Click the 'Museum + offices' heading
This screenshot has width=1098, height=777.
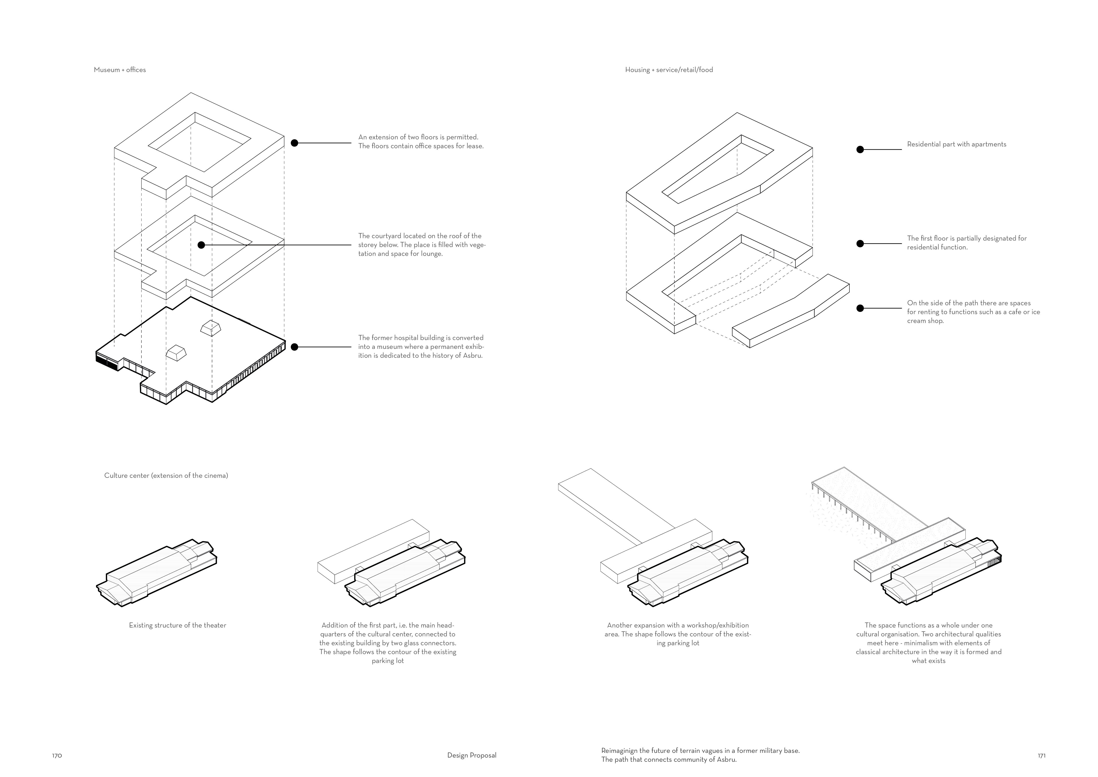[120, 70]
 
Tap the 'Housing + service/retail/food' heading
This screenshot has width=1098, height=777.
[669, 70]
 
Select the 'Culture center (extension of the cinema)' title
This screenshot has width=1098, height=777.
[166, 476]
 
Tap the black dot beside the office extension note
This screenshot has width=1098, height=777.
[295, 143]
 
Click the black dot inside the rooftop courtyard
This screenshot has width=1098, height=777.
[201, 245]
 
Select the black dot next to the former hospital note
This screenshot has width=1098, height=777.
[295, 347]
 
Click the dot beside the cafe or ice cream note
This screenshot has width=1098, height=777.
[860, 308]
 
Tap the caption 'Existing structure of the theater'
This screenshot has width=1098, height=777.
[178, 625]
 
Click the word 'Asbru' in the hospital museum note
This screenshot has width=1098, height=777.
[472, 355]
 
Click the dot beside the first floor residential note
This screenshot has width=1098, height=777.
[860, 243]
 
